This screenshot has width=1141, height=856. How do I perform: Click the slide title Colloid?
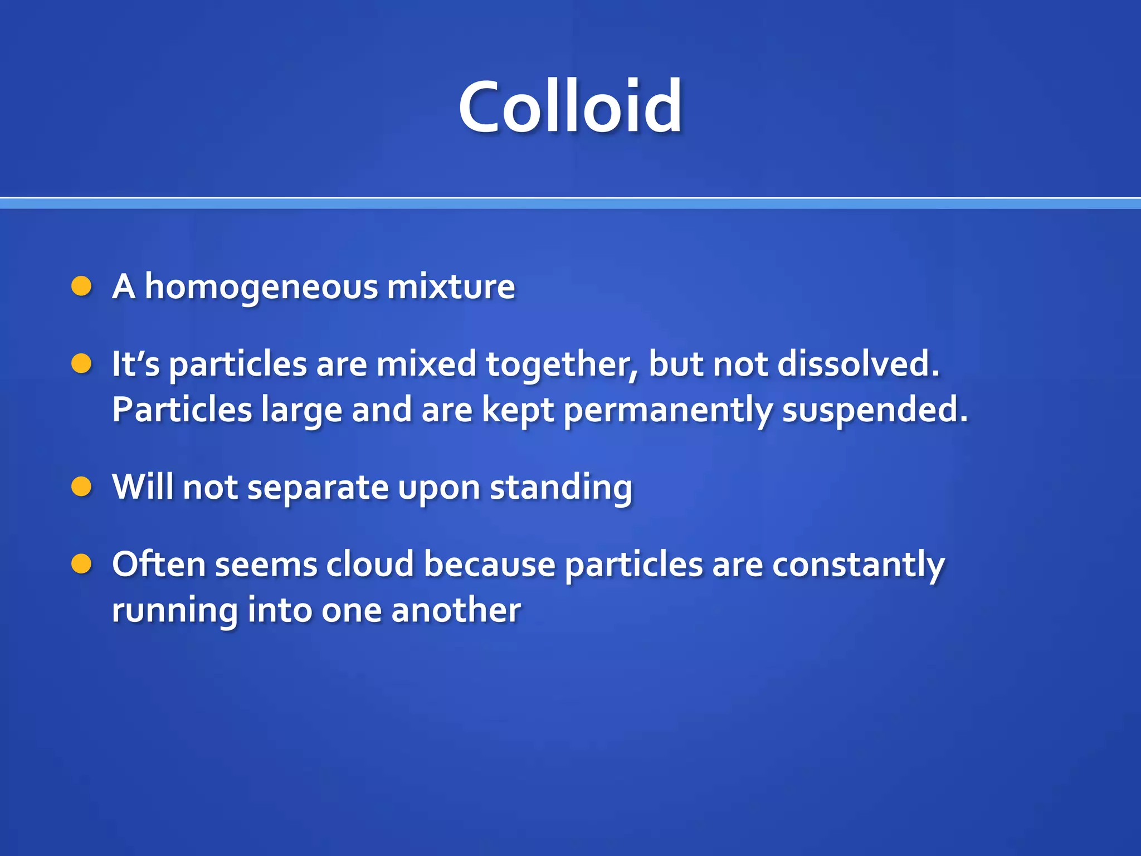pyautogui.click(x=570, y=107)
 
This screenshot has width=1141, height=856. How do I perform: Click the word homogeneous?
pyautogui.click(x=262, y=288)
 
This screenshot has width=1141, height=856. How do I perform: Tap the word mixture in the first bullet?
pyautogui.click(x=451, y=286)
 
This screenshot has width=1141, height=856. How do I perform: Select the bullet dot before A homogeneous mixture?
pyautogui.click(x=81, y=286)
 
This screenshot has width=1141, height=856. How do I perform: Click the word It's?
pyautogui.click(x=135, y=364)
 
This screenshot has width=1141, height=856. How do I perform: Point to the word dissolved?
pyautogui.click(x=858, y=364)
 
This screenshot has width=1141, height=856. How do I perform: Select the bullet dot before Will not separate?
pyautogui.click(x=81, y=487)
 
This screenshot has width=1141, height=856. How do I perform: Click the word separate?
pyautogui.click(x=318, y=488)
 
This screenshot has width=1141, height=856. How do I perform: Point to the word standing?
pyautogui.click(x=561, y=488)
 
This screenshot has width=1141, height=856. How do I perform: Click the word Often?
pyautogui.click(x=159, y=564)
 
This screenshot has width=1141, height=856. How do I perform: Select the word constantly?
pyautogui.click(x=858, y=565)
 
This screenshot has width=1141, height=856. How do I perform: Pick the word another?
pyautogui.click(x=456, y=610)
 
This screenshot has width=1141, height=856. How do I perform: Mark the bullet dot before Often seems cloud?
pyautogui.click(x=81, y=564)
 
